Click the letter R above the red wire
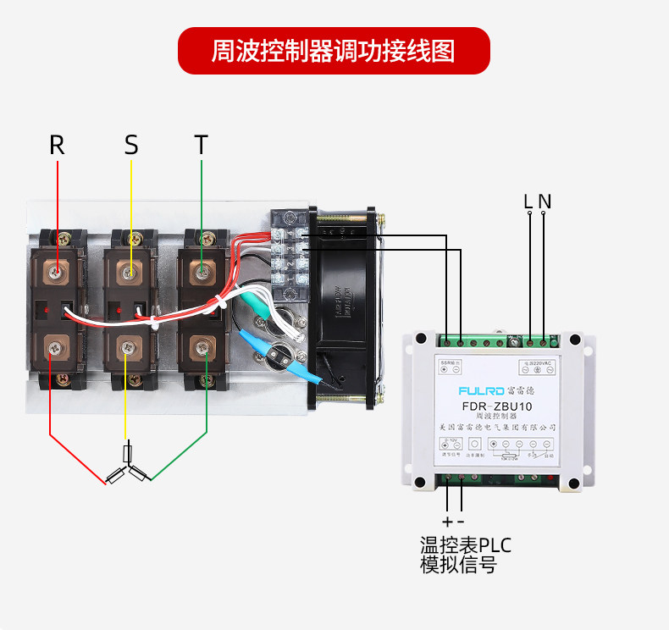click(57, 145)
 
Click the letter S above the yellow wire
click(130, 145)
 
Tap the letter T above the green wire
click(201, 145)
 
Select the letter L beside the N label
click(528, 202)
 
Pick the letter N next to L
click(545, 202)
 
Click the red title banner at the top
click(334, 51)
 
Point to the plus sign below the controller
click(447, 521)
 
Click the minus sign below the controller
click(461, 521)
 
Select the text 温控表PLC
click(466, 544)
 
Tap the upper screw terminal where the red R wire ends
click(57, 273)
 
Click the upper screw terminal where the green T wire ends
click(202, 273)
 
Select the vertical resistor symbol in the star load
click(128, 452)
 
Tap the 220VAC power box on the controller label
click(536, 367)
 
